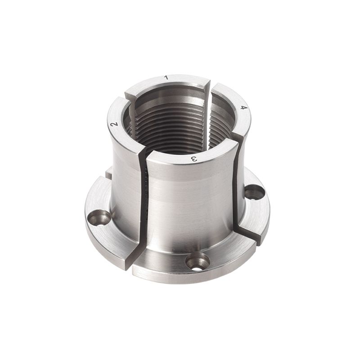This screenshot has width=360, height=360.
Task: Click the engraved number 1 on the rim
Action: tap(166, 77)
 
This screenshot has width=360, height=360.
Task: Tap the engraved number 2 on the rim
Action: tap(114, 125)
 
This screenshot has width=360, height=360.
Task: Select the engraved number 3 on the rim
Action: tap(194, 159)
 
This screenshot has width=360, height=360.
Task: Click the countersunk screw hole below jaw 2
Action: tap(99, 218)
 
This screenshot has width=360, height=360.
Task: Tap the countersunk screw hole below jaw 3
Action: tap(198, 261)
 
